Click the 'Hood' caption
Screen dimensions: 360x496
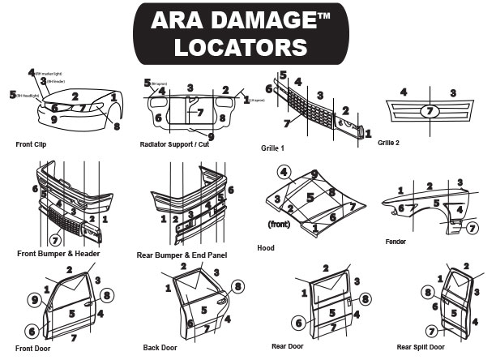coord(266,247)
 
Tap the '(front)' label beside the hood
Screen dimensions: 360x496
coord(280,223)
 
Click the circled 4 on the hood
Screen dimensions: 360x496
coord(284,171)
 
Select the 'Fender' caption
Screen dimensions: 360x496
coord(396,241)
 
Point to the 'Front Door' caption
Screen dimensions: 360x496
coord(33,348)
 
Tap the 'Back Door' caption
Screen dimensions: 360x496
coord(160,347)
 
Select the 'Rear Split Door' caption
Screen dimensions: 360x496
coord(422,346)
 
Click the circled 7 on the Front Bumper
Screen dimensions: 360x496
coord(55,240)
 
